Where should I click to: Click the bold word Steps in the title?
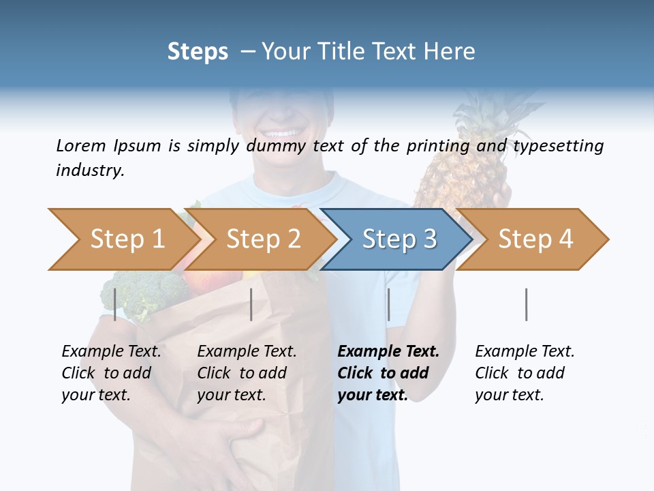point(198,52)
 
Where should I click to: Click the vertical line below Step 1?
point(114,304)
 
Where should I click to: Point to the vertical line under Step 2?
point(251,304)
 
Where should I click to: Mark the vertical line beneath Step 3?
point(388,304)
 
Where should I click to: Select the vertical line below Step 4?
point(526,304)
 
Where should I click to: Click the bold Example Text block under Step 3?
point(387,373)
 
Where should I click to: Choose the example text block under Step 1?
point(110,373)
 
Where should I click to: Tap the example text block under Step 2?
point(246,373)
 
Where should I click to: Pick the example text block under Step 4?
point(524,373)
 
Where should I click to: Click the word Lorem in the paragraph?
point(80,145)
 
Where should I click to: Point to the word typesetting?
point(558,146)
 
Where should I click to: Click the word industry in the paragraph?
point(89,170)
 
